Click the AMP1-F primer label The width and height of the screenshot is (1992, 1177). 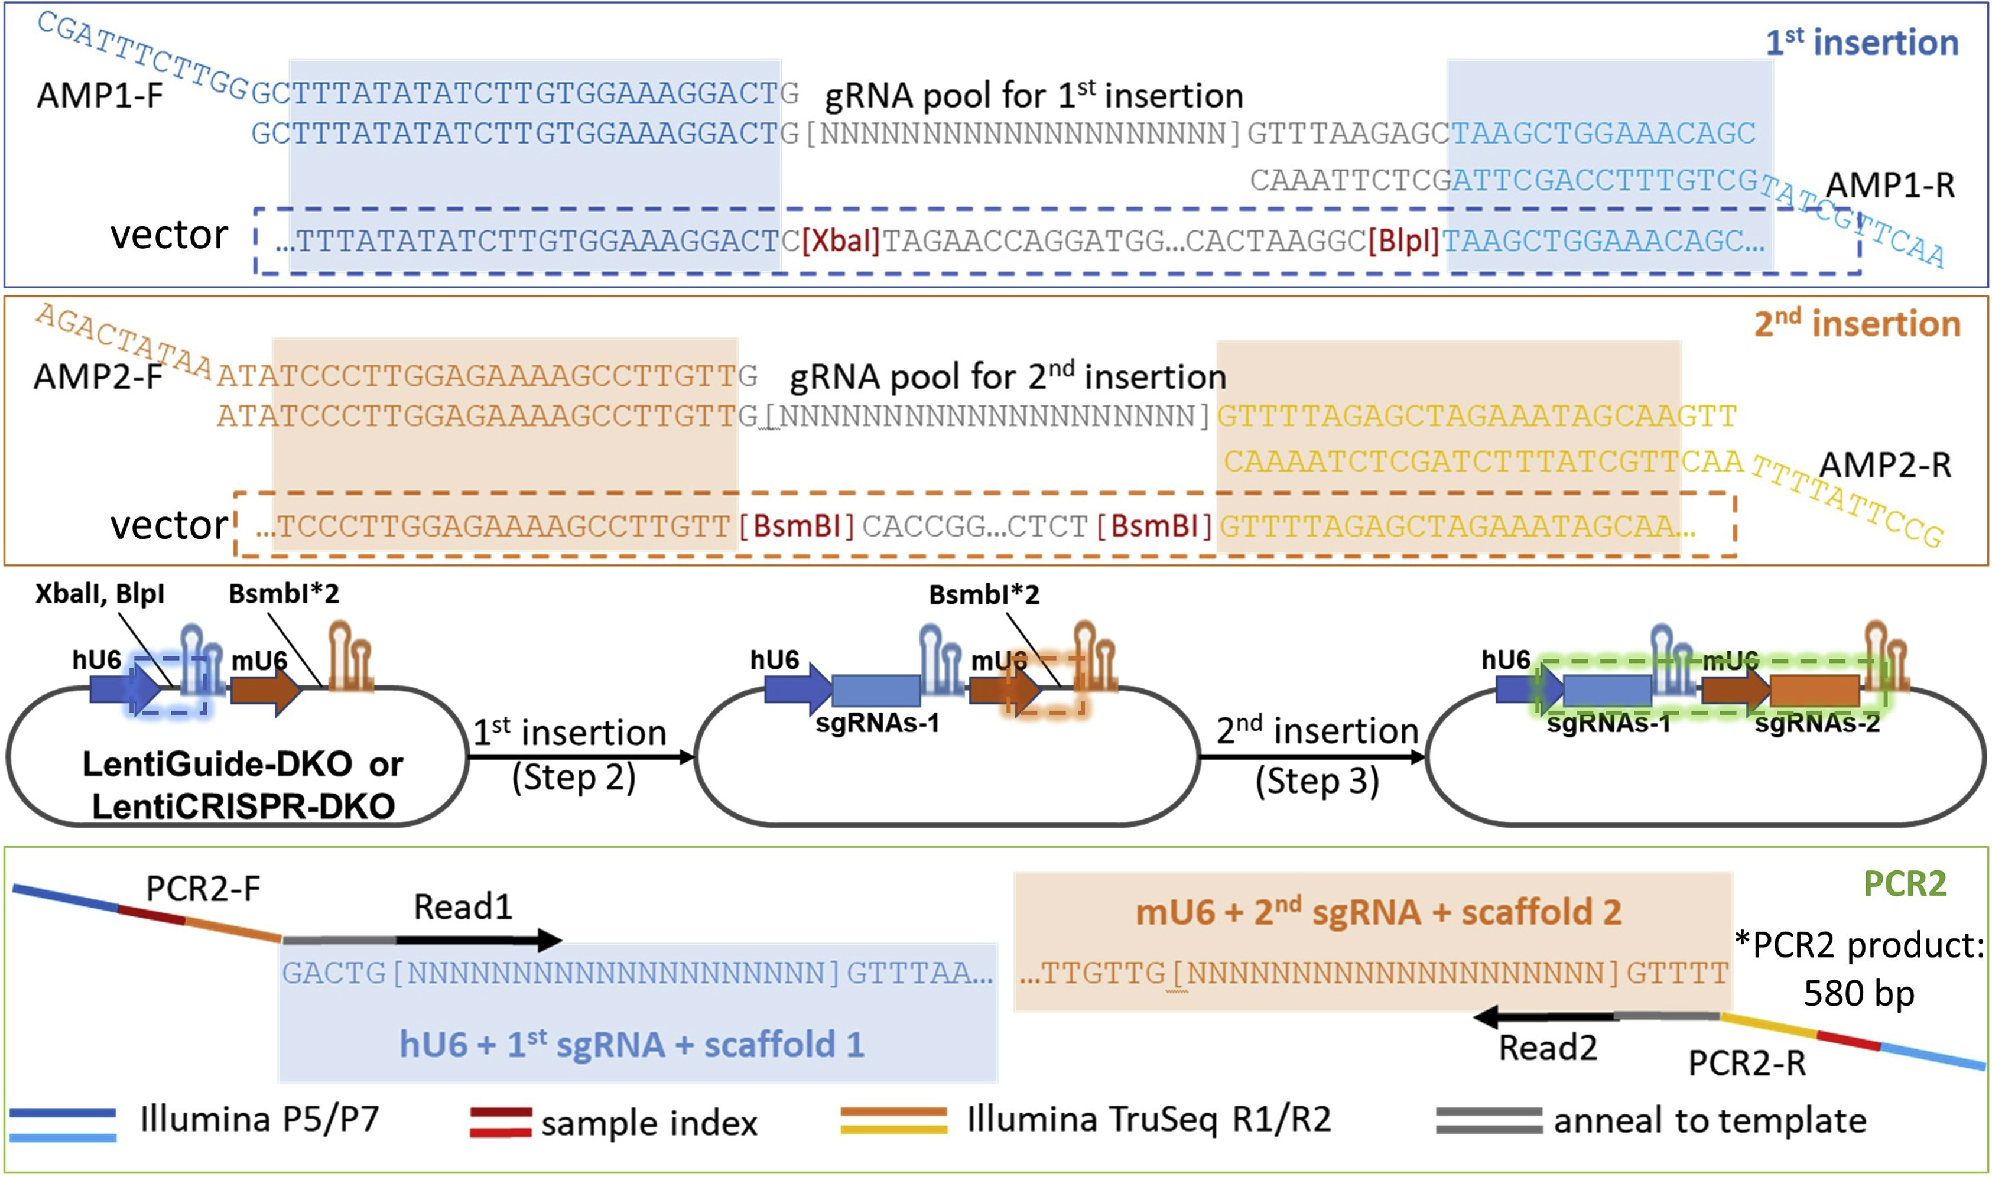99,96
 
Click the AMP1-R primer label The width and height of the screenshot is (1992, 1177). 1890,186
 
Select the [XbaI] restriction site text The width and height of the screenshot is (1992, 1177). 840,241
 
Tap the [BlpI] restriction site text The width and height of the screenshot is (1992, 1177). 1403,241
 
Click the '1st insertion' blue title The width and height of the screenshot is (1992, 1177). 1861,43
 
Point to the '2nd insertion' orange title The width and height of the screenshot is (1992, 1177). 1857,324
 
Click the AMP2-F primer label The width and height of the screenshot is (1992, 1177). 98,377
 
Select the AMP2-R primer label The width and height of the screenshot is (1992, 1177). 1885,466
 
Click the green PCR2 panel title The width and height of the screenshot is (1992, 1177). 1904,883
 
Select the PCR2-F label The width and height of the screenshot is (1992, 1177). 203,889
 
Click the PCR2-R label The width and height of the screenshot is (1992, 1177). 1746,1064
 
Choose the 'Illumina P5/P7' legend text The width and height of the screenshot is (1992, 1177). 259,1120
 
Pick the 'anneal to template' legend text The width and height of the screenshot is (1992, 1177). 1709,1121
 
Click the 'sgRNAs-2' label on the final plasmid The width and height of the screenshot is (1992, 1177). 1816,723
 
